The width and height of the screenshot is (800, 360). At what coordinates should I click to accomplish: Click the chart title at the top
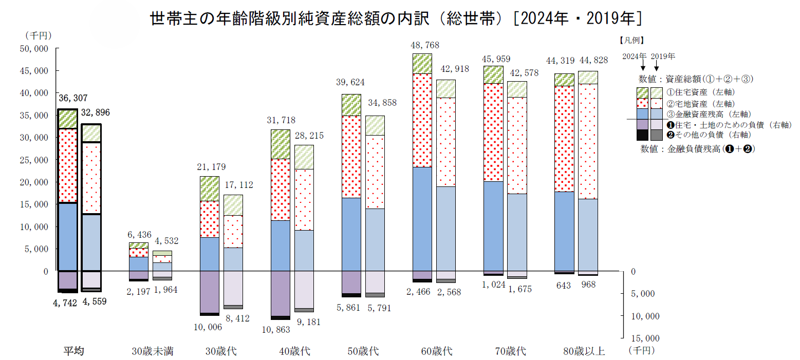tap(396, 18)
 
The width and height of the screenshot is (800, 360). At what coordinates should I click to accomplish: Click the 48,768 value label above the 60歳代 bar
tap(425, 45)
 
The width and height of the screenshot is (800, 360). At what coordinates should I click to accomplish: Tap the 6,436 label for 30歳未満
tap(139, 235)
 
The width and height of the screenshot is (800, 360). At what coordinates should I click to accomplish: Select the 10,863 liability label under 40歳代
tap(276, 330)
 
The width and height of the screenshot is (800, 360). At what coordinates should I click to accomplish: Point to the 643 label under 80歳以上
tap(563, 286)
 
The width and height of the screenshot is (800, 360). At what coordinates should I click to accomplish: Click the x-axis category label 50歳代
tap(363, 351)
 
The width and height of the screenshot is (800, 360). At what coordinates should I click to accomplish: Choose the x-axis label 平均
tap(73, 351)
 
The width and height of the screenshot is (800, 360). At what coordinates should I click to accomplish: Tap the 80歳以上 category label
tap(584, 351)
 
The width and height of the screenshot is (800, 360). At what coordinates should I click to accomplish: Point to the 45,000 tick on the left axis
tap(34, 71)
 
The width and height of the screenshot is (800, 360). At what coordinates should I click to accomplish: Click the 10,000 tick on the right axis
tap(645, 316)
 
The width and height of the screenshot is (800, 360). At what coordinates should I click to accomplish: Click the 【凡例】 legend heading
tap(631, 41)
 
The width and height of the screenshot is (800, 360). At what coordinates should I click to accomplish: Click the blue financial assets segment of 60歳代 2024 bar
tap(422, 219)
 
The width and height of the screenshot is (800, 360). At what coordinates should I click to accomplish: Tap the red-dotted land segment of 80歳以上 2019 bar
tap(588, 141)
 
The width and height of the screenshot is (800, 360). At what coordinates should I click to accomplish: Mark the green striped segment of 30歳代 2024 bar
tap(210, 189)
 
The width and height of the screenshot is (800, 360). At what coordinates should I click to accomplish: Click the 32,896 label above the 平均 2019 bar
tap(96, 113)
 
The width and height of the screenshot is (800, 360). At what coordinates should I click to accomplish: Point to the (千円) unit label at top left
tap(39, 35)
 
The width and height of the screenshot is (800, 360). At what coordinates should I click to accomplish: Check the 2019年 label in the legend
tap(663, 56)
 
